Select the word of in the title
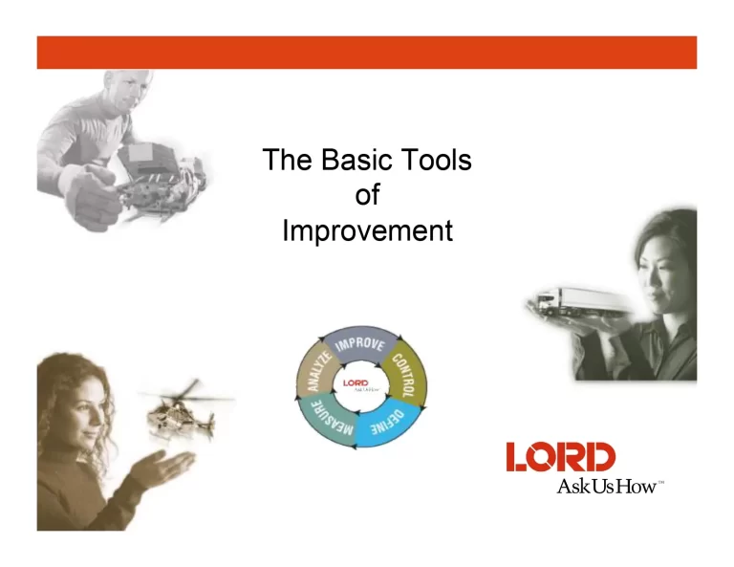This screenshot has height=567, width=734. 367,195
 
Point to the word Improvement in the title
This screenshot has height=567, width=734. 367,231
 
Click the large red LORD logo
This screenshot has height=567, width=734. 561,457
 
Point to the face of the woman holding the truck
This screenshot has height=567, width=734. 660,267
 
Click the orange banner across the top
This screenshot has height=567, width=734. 367,53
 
